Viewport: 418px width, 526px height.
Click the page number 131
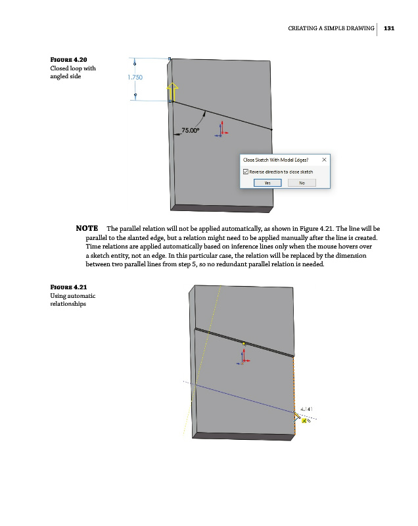[x=388, y=28]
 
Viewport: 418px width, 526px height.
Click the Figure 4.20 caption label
[x=69, y=60]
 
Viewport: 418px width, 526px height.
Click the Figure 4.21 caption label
[x=68, y=287]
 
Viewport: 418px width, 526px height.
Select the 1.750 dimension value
[x=134, y=78]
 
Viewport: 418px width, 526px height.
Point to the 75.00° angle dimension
[x=191, y=131]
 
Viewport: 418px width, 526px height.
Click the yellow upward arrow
[x=172, y=91]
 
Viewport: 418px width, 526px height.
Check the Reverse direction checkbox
[x=246, y=172]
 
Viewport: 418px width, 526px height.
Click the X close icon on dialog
[x=324, y=159]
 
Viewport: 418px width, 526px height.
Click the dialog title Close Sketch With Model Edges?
[x=276, y=159]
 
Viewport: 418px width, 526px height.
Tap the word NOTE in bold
[x=87, y=228]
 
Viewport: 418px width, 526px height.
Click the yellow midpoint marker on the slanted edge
[x=244, y=343]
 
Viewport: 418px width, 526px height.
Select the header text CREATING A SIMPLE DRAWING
[x=331, y=28]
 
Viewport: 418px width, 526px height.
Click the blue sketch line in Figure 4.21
[x=243, y=398]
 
